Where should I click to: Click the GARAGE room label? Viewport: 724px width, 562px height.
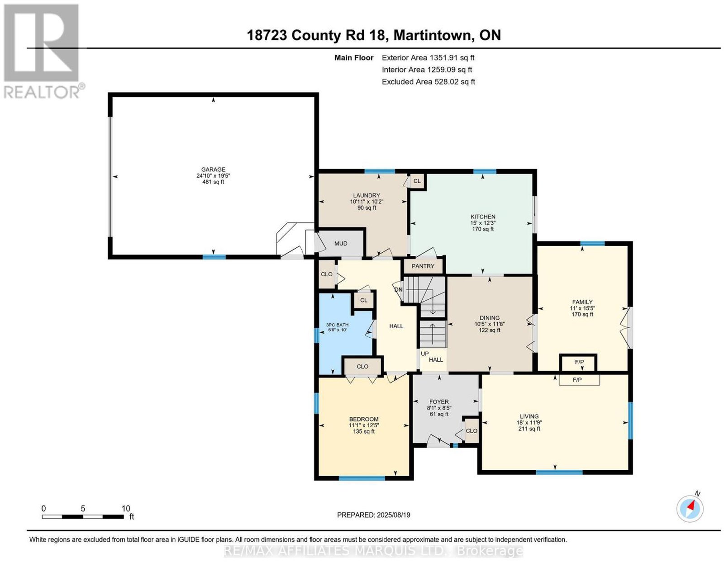(213, 170)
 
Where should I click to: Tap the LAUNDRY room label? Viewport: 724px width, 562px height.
(367, 195)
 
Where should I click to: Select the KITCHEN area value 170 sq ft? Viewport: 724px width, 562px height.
(483, 229)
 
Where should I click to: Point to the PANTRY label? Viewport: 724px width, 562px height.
(423, 266)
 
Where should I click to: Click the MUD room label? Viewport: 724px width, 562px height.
(341, 243)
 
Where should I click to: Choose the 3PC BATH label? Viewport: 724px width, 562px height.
(337, 325)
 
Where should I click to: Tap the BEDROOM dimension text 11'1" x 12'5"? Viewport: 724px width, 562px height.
(364, 425)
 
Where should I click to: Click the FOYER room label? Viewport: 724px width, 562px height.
(439, 401)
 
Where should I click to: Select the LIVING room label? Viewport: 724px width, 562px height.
(529, 416)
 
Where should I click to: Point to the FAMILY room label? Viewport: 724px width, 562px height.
(582, 302)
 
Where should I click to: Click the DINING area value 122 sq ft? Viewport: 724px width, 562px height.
(490, 330)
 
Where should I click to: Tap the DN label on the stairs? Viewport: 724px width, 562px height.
(399, 289)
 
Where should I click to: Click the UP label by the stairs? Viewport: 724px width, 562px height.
(424, 354)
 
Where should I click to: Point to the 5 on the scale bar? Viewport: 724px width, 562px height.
(83, 508)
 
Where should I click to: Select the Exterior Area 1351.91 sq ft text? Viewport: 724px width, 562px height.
(428, 57)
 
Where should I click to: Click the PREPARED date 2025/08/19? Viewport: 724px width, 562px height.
(393, 515)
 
